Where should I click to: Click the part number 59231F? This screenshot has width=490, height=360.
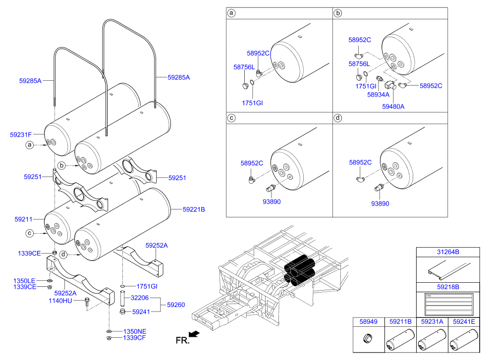point(21,134)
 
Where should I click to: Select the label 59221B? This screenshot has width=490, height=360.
point(193,209)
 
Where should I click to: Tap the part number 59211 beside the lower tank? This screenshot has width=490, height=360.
point(23,219)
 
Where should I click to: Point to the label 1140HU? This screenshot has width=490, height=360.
point(60,301)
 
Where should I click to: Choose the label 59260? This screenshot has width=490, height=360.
point(176,305)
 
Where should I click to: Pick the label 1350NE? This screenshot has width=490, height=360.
point(135,331)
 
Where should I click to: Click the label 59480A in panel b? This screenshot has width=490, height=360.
point(393,106)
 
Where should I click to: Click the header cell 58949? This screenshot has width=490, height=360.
point(368,321)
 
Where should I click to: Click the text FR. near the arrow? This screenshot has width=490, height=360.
point(182,340)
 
